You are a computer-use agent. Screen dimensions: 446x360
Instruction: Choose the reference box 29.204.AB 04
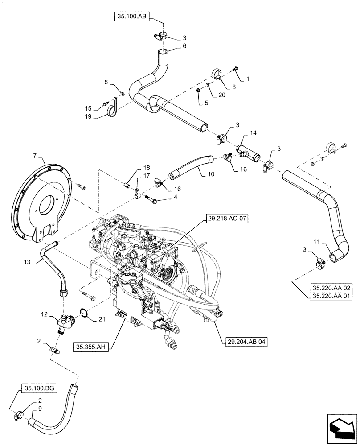(x=242, y=342)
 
